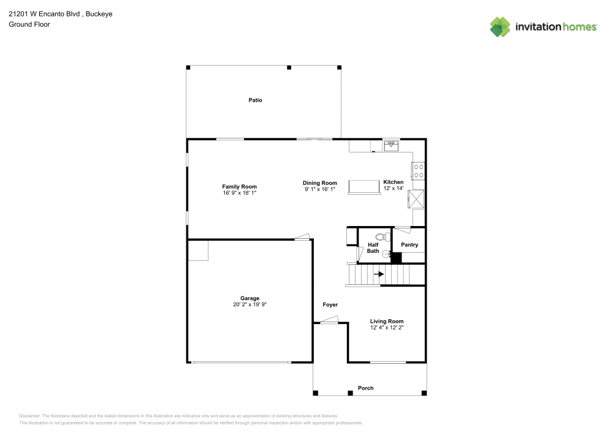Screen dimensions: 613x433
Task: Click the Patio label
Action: coord(255,100)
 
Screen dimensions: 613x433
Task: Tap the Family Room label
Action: coord(239,187)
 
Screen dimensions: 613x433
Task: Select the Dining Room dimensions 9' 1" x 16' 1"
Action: coord(320,189)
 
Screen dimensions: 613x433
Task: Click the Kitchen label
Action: coord(394,182)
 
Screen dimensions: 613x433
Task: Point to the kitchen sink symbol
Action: coord(391,146)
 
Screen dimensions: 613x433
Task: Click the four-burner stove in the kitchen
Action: coord(418,171)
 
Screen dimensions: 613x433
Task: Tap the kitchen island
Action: coord(364,187)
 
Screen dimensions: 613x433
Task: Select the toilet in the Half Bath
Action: coord(383,236)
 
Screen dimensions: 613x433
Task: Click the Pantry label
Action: coord(409,245)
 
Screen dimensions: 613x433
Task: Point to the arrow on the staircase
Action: coord(378,274)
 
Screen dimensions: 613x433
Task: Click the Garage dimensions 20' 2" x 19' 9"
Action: coord(250,304)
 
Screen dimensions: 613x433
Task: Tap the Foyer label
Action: coord(330,304)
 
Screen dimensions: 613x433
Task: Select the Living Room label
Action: coord(387,322)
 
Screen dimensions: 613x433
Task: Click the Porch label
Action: coord(365,388)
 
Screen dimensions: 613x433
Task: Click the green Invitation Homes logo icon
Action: coord(500,27)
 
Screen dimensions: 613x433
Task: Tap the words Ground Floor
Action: coord(29,24)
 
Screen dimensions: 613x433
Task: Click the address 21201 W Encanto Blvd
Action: coord(44,13)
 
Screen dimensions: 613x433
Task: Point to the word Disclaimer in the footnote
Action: coord(29,416)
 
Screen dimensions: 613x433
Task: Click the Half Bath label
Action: coord(373,248)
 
